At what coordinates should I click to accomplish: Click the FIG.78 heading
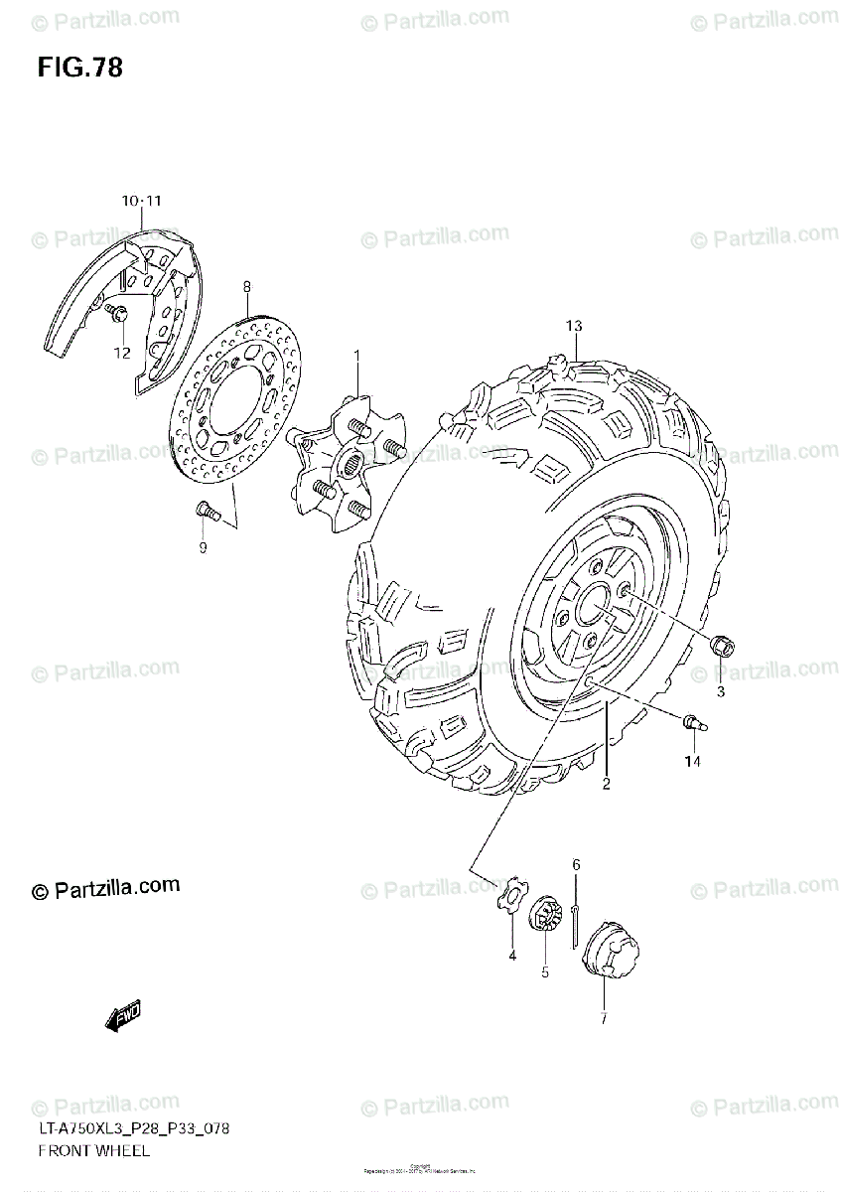tap(80, 68)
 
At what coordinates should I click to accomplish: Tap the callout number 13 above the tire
tap(574, 326)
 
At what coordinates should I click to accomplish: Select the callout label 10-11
tap(142, 202)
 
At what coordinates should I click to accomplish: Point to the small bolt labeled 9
tap(205, 511)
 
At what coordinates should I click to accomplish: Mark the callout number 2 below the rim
tap(605, 785)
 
